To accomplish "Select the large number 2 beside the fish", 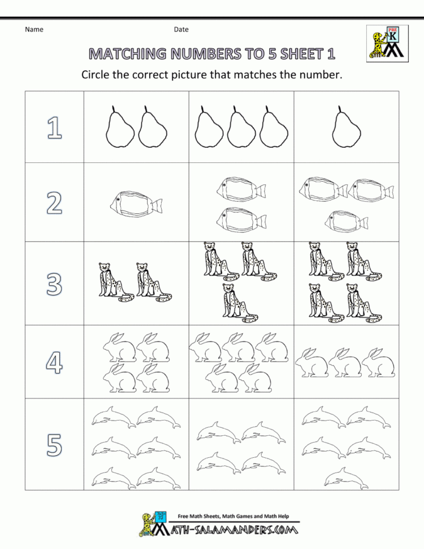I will [54, 202].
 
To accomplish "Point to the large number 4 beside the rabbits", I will [54, 362].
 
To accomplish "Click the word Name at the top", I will [34, 29].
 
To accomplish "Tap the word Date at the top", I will [181, 29].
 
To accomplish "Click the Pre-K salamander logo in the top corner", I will [387, 43].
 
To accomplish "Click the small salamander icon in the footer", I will [149, 524].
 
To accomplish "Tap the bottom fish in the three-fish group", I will [345, 219].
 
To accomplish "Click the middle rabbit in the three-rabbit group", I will [345, 363].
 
